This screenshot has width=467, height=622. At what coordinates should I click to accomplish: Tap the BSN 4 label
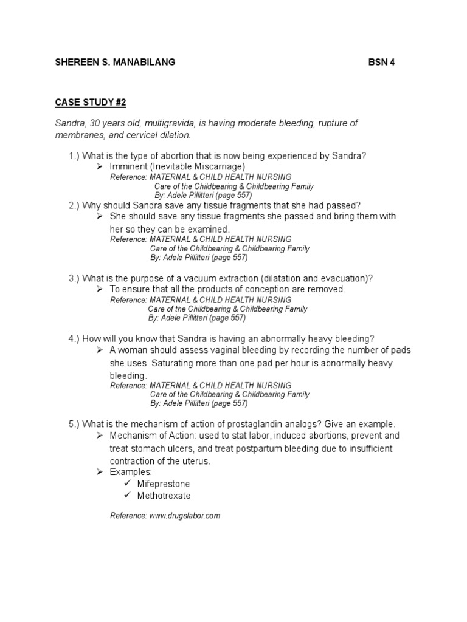382,63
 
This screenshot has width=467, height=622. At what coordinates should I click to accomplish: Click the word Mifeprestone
164,484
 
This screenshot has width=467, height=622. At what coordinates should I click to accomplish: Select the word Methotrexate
164,496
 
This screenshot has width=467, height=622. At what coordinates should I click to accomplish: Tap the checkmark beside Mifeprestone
127,484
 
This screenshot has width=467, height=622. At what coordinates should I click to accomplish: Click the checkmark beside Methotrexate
127,495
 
